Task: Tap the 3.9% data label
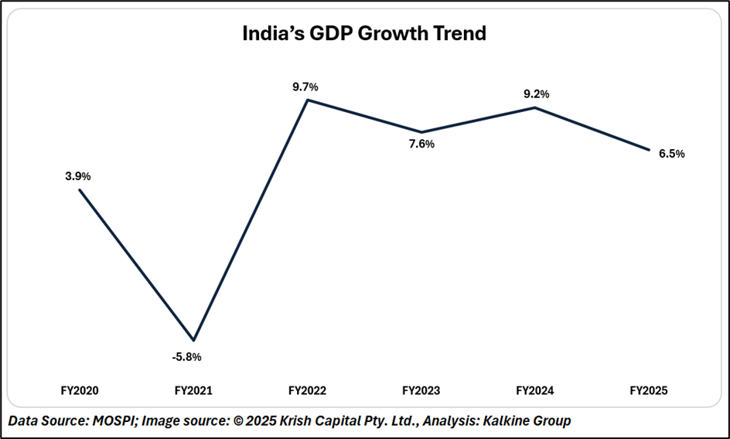coord(77,176)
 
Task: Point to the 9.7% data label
coord(305,87)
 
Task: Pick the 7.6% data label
coord(421,144)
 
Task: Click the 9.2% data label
coord(536,94)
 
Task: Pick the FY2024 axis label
coord(534,392)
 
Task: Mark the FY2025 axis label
coord(649,392)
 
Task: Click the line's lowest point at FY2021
coord(194,340)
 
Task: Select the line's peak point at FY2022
coord(308,99)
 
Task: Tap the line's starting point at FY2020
coord(80,189)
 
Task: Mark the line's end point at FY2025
coord(648,149)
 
